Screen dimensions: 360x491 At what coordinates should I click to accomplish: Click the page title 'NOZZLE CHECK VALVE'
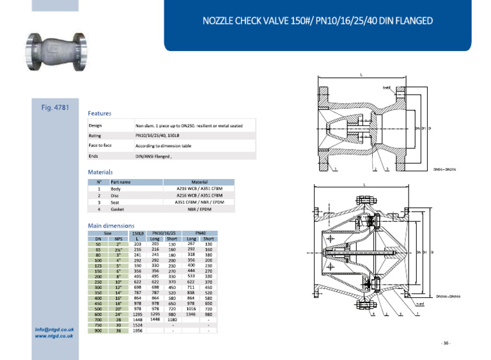tap(317, 20)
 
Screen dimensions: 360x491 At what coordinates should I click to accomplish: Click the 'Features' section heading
tap(100, 113)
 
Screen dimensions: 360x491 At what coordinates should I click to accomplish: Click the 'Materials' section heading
tap(100, 172)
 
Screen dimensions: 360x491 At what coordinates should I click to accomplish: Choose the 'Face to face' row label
tap(100, 145)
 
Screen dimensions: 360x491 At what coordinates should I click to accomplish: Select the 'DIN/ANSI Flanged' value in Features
tap(154, 155)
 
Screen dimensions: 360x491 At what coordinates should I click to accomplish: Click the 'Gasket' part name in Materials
tap(118, 208)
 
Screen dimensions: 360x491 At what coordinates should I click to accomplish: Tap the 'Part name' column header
tap(120, 182)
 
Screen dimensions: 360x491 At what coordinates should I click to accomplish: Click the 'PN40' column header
tap(199, 233)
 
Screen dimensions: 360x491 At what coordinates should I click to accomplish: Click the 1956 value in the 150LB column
tap(137, 331)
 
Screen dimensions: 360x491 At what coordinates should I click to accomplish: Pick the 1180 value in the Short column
tap(172, 319)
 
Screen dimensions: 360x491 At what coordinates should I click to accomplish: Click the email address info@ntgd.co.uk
tap(54, 330)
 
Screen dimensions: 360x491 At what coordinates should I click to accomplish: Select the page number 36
tap(446, 343)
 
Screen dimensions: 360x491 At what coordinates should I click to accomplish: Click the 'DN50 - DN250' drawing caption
tap(444, 169)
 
